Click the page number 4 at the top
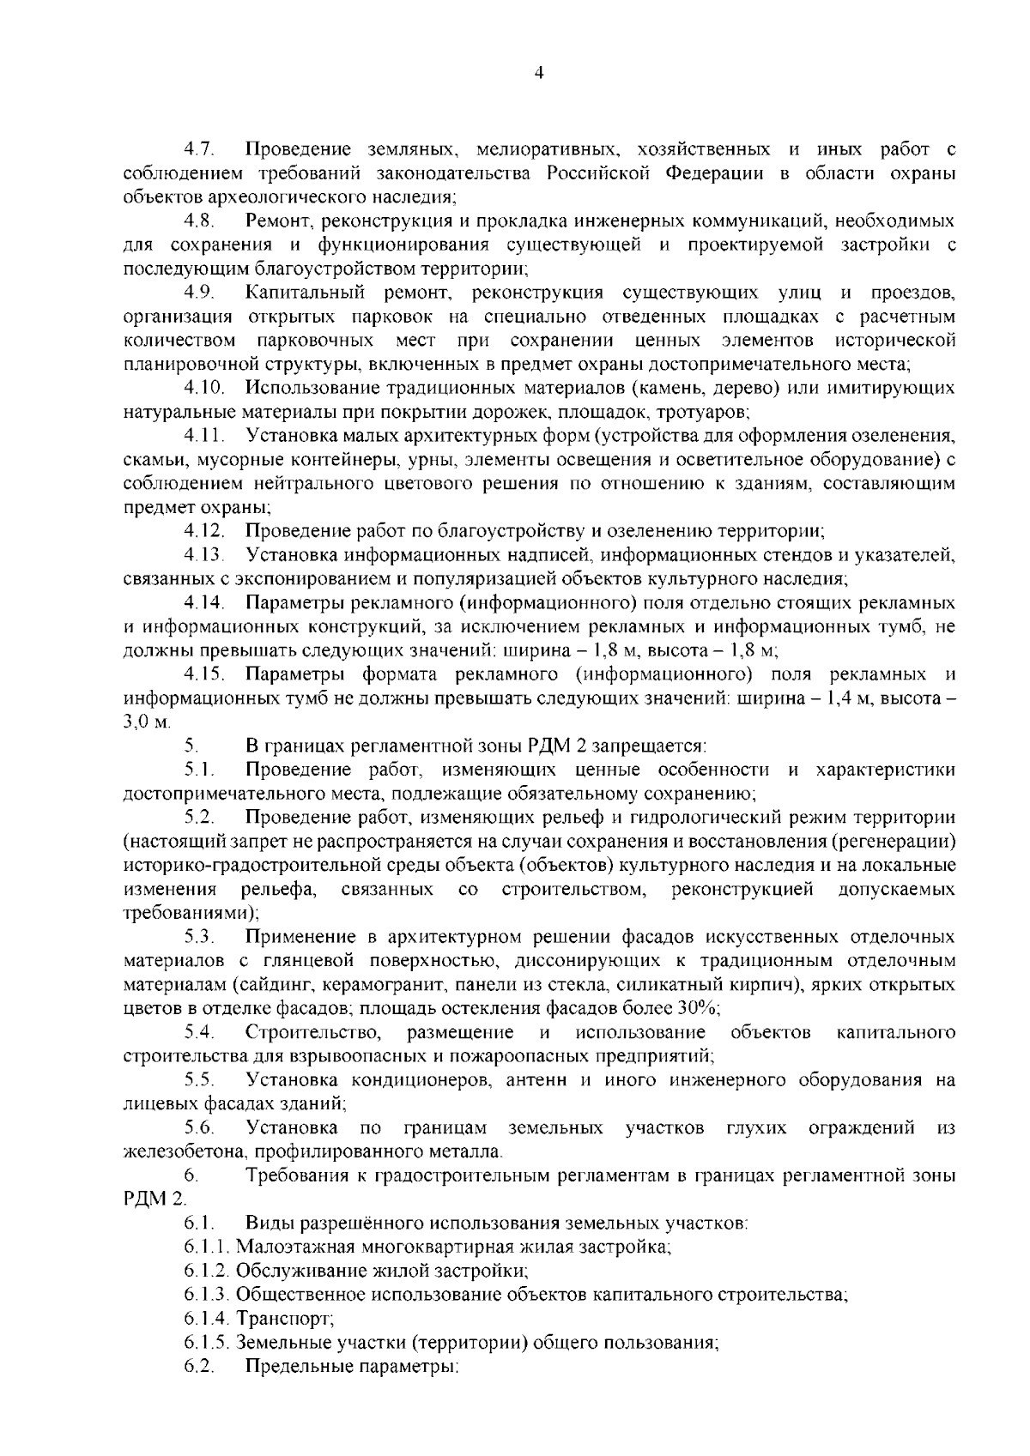(538, 74)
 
